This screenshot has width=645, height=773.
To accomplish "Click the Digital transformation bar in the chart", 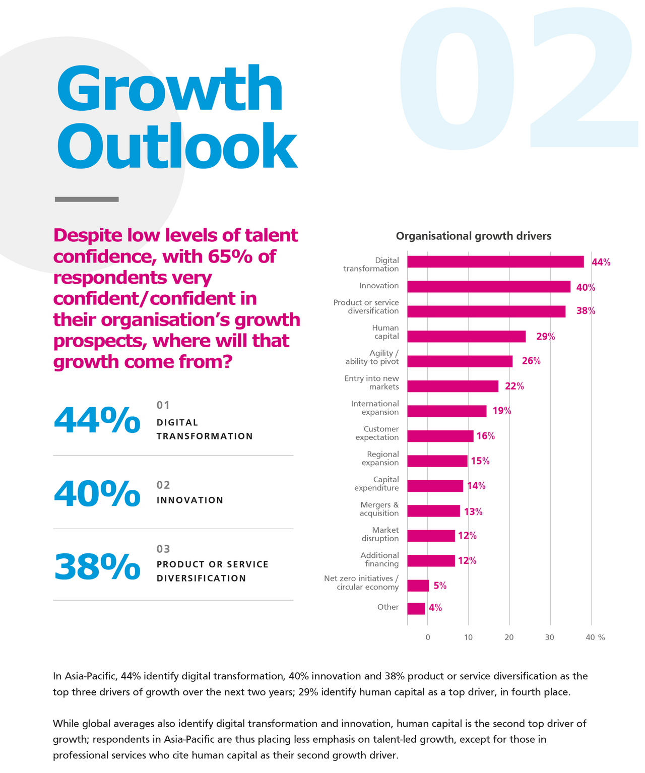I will pyautogui.click(x=495, y=262).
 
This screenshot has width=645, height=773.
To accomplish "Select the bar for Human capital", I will pyautogui.click(x=466, y=337).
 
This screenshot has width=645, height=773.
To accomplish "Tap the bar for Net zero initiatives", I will pyautogui.click(x=418, y=586).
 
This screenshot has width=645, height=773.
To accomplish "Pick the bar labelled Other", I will pyautogui.click(x=416, y=608).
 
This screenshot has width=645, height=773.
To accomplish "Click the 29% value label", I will pyautogui.click(x=545, y=337).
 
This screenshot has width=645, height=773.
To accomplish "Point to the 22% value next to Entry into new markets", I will pyautogui.click(x=514, y=386).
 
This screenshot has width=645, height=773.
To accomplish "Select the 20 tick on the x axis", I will pyautogui.click(x=509, y=637).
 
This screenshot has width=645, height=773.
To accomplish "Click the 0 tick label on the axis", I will pyautogui.click(x=428, y=637).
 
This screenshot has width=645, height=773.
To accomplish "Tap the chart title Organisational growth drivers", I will pyautogui.click(x=473, y=236).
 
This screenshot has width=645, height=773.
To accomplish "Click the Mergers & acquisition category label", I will pyautogui.click(x=379, y=509).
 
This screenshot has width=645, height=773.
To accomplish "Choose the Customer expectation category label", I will pyautogui.click(x=377, y=433).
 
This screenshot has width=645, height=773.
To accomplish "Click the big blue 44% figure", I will pyautogui.click(x=97, y=420).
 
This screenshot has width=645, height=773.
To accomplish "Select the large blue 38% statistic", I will pyautogui.click(x=97, y=567).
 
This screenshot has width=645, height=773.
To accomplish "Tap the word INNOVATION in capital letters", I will pyautogui.click(x=189, y=500).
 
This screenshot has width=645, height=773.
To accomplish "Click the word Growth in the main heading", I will pyautogui.click(x=170, y=89).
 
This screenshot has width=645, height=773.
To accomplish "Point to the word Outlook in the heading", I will pyautogui.click(x=176, y=146).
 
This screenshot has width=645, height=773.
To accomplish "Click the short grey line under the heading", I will pyautogui.click(x=87, y=200).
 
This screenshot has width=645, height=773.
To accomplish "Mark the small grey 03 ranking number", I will pyautogui.click(x=163, y=549).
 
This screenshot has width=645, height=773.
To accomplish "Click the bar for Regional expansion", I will pyautogui.click(x=437, y=461).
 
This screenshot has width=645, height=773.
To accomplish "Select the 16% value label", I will pyautogui.click(x=486, y=436).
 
